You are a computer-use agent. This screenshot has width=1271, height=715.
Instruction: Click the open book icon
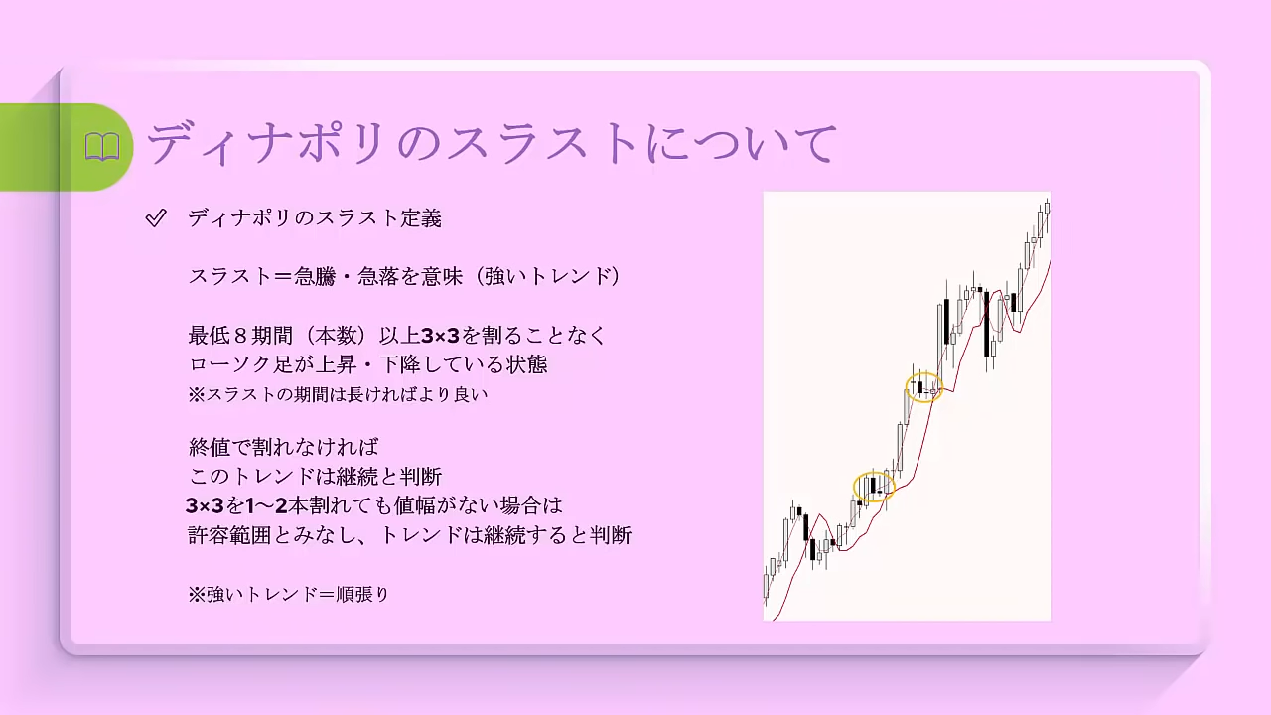102,147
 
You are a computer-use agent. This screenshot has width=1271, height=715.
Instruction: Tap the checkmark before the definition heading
156,217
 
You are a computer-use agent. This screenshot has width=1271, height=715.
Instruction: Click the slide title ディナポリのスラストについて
492,143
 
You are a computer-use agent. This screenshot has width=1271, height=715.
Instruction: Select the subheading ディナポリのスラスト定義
315,218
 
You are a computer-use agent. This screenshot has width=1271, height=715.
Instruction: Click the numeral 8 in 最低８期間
240,336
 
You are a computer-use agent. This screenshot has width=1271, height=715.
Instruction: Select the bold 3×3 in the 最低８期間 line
440,336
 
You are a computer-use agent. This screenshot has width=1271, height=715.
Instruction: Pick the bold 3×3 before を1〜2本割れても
205,505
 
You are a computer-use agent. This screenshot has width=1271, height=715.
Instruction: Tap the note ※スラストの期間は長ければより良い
338,394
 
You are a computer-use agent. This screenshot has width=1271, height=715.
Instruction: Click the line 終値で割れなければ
283,447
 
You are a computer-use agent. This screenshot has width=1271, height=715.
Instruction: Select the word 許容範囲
229,535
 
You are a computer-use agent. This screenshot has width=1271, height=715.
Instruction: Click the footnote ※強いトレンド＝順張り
289,595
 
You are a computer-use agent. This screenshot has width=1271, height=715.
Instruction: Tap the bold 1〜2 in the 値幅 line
267,505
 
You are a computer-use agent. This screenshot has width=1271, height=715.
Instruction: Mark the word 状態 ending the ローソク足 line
527,364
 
